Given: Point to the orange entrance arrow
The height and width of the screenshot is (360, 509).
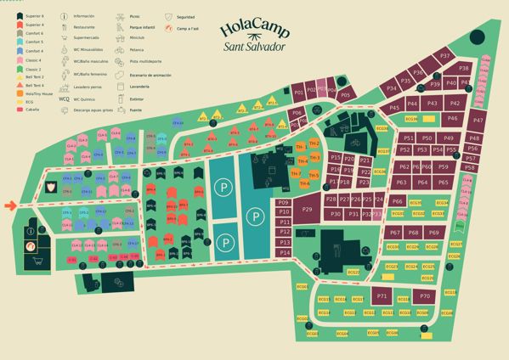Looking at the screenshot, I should click(10, 205).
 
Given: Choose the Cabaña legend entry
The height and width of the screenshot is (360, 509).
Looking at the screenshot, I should click(30, 109).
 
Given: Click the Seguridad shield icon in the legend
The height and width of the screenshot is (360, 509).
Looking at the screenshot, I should click(169, 16).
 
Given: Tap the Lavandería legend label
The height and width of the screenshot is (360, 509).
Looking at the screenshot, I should click(141, 87).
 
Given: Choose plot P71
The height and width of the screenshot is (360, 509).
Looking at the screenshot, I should click(382, 296).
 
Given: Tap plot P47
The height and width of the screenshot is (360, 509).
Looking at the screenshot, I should click(477, 121).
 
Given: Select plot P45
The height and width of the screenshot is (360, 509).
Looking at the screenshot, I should click(394, 108).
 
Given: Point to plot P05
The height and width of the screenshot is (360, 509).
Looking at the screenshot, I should click(344, 96).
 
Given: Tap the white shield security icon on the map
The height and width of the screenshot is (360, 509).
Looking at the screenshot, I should click(51, 186).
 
